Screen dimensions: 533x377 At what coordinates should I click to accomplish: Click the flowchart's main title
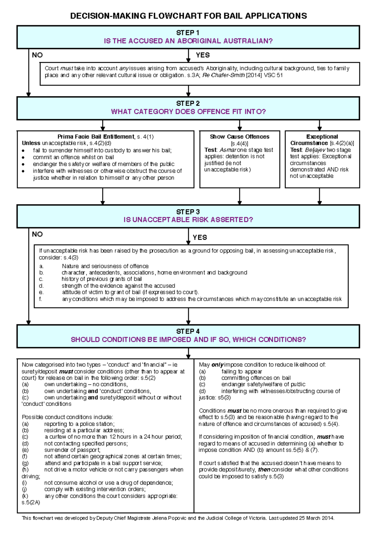[188, 16]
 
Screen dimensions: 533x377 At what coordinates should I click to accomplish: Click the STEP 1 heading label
[188, 33]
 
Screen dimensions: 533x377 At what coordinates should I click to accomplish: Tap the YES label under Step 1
[203, 55]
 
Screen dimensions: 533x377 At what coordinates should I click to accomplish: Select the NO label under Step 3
[37, 234]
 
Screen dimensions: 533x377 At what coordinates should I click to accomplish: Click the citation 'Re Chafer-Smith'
[223, 75]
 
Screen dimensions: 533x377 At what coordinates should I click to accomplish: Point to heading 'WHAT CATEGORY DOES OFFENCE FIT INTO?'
[188, 112]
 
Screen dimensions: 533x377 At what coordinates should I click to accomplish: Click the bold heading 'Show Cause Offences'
[239, 137]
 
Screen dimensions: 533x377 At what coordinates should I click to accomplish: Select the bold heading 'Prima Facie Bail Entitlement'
[96, 137]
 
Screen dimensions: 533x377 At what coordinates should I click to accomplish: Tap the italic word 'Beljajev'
[315, 150]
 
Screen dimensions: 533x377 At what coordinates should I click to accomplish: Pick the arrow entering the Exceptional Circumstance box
[320, 126]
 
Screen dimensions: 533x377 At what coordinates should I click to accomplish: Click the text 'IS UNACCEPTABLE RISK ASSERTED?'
[188, 220]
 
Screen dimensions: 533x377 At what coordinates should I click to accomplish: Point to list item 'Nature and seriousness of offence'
[105, 266]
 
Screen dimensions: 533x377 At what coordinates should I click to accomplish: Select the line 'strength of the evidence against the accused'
[118, 286]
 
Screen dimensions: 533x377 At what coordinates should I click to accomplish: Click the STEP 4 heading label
[188, 331]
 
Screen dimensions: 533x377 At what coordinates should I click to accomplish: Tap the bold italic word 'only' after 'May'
[217, 365]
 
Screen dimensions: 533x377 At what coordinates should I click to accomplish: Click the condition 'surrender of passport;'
[72, 450]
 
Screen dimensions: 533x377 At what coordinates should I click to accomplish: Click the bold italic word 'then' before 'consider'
[264, 470]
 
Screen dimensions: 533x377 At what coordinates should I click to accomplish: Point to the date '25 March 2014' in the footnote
[316, 518]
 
